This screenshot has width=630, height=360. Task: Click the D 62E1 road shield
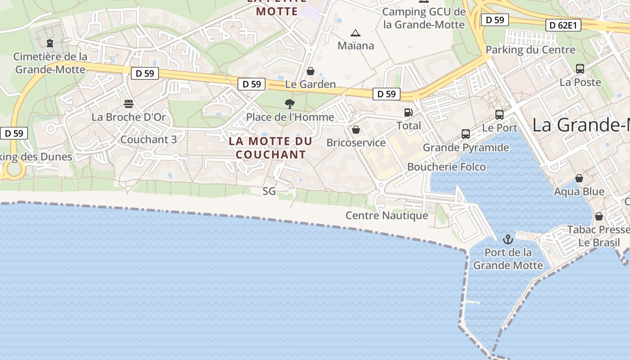562,25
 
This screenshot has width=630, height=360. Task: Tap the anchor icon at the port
508,239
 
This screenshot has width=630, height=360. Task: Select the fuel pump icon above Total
408,112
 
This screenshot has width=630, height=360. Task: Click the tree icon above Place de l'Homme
290,104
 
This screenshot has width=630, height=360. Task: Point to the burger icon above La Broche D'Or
129,104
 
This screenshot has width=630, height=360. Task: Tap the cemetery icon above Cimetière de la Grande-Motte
50,43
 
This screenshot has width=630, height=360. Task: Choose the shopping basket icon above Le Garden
310,71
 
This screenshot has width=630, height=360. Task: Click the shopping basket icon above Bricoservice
356,130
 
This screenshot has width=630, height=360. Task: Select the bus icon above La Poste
580,69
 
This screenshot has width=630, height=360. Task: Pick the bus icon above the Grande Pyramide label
466,134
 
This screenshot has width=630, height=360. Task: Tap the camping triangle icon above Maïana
355,33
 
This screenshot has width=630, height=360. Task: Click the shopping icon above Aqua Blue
579,178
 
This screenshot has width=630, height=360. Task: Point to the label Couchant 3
148,139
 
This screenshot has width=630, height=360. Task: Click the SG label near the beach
269,191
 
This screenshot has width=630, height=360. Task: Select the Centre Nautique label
387,216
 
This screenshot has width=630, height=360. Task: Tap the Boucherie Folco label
446,167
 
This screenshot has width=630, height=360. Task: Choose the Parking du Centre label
531,49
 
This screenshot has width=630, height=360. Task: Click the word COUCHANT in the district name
271,154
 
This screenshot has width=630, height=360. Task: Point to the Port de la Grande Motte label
508,259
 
